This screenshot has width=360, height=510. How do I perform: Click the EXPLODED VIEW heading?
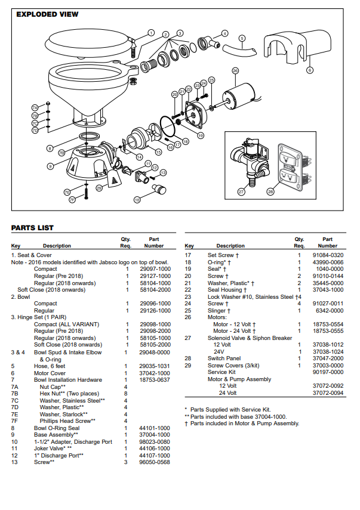click(x=47, y=14)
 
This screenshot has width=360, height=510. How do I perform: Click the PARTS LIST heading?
click(x=32, y=228)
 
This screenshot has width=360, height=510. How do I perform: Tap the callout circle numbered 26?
click(x=235, y=71)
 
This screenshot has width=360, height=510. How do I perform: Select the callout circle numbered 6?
click(x=310, y=70)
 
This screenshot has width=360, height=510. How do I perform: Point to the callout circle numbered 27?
click(x=241, y=192)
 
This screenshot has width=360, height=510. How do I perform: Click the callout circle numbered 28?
click(x=270, y=192)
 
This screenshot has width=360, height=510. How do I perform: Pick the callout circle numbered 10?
click(x=137, y=200)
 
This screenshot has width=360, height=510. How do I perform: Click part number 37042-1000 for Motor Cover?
click(x=154, y=373)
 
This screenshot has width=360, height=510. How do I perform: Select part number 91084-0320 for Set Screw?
click(x=328, y=255)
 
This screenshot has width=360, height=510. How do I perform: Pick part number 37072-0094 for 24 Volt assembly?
click(x=328, y=393)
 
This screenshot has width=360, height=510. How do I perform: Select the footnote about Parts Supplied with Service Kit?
click(x=229, y=409)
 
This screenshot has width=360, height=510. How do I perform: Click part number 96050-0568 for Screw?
click(x=154, y=462)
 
